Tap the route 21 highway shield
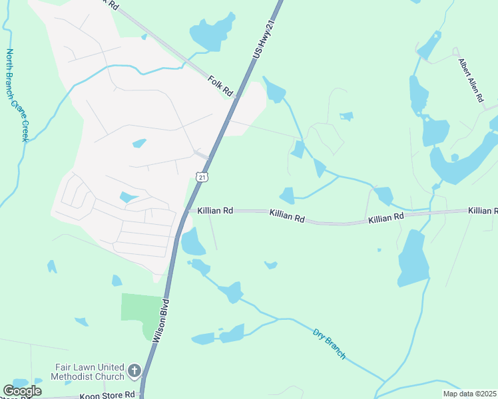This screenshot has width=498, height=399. [202, 176]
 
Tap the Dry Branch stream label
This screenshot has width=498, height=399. [330, 343]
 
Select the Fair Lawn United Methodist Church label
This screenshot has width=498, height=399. [89, 372]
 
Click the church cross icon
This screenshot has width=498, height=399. [134, 370]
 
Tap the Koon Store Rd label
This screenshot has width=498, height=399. [107, 394]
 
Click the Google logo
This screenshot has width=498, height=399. [22, 391]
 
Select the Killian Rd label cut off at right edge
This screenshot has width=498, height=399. [482, 210]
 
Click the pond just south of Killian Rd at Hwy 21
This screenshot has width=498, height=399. [192, 243]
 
